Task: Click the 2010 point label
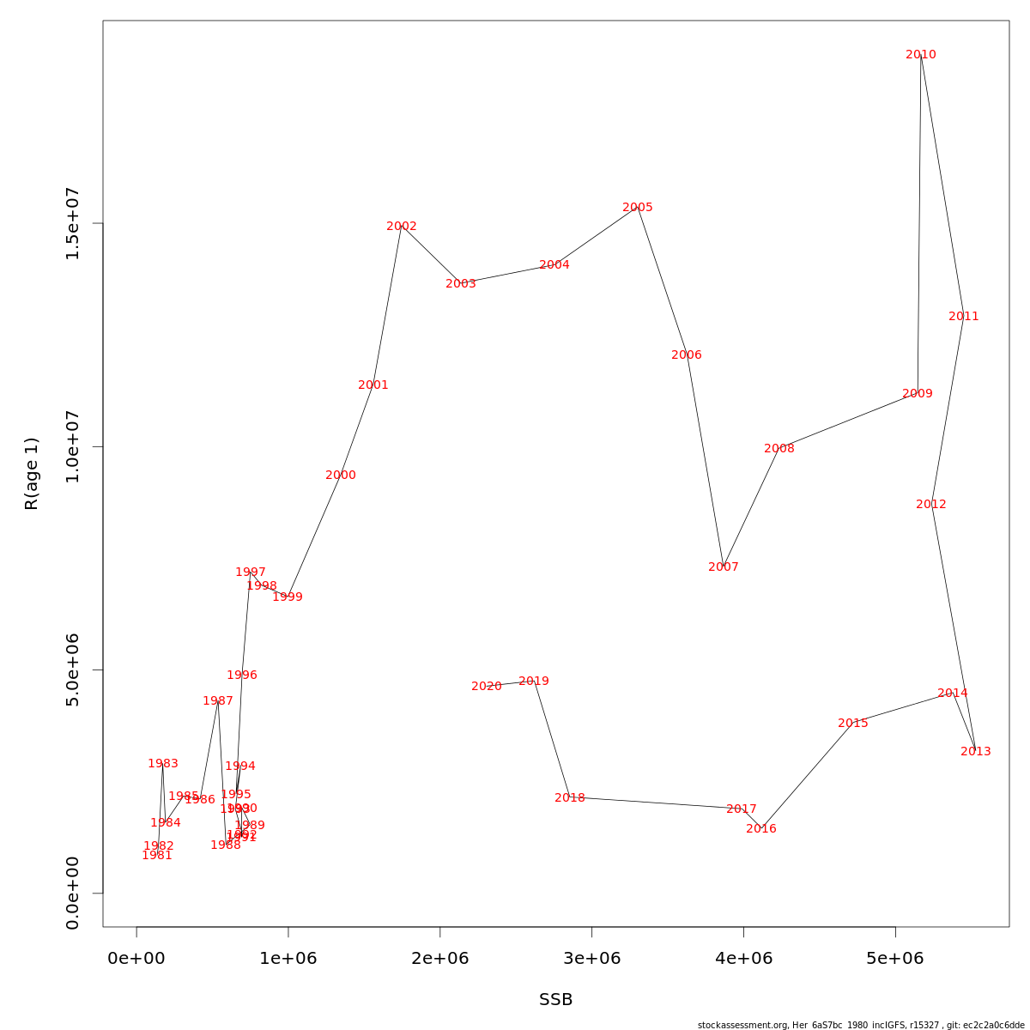point(920,55)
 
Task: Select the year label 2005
point(637,208)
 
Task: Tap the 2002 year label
point(401,227)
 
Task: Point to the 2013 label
point(975,752)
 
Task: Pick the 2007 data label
point(723,567)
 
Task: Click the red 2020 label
point(486,687)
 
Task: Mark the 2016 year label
point(760,829)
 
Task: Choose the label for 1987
point(217,701)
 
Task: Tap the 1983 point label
point(162,764)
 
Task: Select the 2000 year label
point(340,476)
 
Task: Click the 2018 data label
point(569,798)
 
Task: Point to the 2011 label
point(963,317)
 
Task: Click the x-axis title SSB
point(555,1000)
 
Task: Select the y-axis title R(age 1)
point(32,474)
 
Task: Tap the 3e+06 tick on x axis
point(591,958)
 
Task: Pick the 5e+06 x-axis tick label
point(895,958)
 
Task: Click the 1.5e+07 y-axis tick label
point(72,223)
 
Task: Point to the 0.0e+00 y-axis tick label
point(72,893)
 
